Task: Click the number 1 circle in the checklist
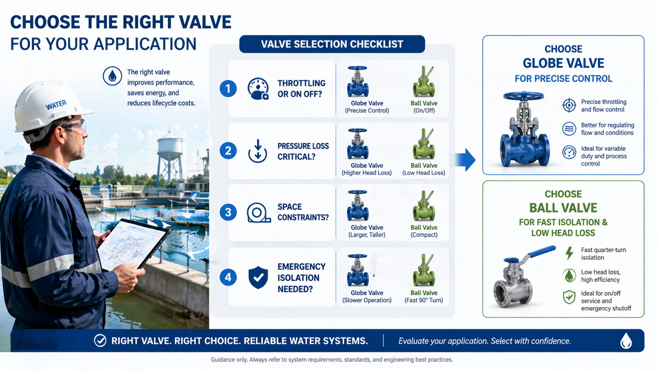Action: (x=228, y=88)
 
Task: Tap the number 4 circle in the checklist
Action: (x=228, y=277)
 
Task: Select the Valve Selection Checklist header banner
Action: (x=332, y=44)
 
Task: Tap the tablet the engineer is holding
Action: (x=133, y=244)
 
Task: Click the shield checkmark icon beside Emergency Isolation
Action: (x=258, y=277)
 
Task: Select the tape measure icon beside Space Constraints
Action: (x=258, y=212)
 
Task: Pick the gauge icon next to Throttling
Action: (x=258, y=88)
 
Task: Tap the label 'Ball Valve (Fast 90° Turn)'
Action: (x=424, y=297)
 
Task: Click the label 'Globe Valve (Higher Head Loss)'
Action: (x=367, y=169)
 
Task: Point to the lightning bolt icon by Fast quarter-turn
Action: (x=569, y=253)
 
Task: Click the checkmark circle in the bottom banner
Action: (x=100, y=341)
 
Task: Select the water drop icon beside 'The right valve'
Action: (x=112, y=76)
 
